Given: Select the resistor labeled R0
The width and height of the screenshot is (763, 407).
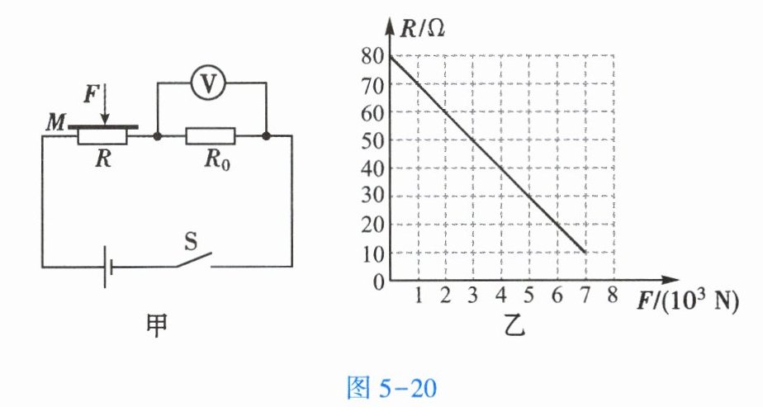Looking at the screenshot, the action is (211, 135).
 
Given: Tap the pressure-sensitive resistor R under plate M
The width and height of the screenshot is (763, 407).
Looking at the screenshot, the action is (102, 136).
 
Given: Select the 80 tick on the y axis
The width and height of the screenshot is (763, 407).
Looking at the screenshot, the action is (372, 56).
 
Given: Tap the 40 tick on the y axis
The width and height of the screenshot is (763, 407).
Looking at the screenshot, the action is (372, 168).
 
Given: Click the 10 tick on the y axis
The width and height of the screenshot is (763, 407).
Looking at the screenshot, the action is (372, 253).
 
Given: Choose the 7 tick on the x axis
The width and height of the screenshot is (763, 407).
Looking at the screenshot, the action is (585, 296).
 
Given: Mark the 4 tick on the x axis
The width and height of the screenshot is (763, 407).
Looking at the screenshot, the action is (500, 296).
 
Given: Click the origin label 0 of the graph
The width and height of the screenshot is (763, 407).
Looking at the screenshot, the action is (378, 282).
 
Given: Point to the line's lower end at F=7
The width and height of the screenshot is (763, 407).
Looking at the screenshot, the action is (585, 252).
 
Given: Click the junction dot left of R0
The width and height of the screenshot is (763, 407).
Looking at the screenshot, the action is (156, 135).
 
